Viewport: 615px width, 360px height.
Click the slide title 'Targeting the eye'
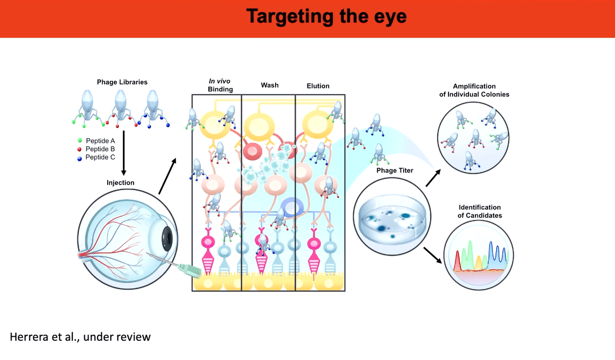tap(327, 17)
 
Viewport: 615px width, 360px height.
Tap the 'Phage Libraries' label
tap(122, 82)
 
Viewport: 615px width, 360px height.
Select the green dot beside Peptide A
tap(80, 140)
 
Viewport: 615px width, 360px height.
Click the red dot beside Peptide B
tap(80, 149)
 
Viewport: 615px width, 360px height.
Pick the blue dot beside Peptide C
tap(80, 157)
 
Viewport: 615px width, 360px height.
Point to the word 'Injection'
tap(120, 183)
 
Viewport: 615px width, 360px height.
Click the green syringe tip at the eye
tap(190, 272)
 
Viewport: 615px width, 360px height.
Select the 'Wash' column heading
tap(270, 85)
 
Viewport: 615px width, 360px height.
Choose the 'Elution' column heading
tap(318, 86)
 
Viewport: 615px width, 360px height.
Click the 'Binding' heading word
tap(220, 89)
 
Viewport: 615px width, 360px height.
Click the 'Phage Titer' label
tap(394, 170)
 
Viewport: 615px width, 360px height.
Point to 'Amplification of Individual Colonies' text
tap(474, 90)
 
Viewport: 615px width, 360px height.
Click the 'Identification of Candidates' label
tap(479, 211)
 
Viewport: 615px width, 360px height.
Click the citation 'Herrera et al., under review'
tap(80, 336)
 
